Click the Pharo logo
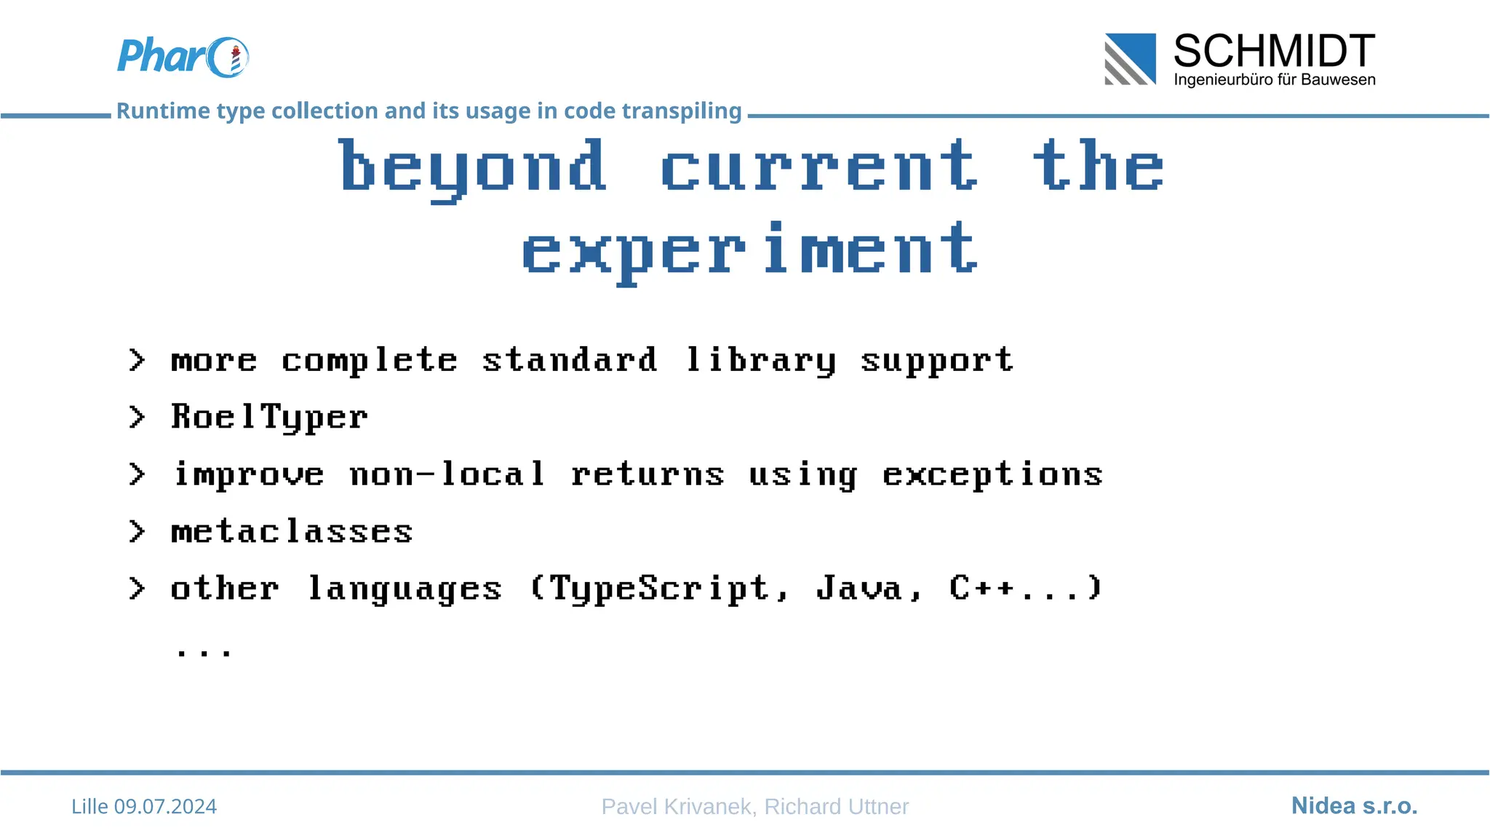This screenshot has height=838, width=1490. coord(183,57)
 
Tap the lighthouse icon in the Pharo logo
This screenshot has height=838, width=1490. coord(235,59)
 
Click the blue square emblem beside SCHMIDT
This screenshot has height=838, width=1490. coord(1130,59)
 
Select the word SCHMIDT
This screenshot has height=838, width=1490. coord(1274,51)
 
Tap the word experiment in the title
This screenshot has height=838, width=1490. coord(750,252)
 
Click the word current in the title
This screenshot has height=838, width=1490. coord(819,167)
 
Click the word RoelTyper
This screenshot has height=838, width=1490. coord(270,418)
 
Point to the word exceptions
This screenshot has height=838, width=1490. coord(992,475)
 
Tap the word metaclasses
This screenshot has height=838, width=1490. coord(292,532)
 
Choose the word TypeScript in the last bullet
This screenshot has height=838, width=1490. coord(659,588)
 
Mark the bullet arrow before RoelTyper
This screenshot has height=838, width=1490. coord(137,418)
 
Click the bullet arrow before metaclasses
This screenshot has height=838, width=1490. coord(137,532)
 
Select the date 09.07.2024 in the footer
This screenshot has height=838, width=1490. coord(165,807)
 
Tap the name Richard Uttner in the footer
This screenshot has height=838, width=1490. coord(836,807)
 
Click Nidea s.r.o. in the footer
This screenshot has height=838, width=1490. coord(1354,806)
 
